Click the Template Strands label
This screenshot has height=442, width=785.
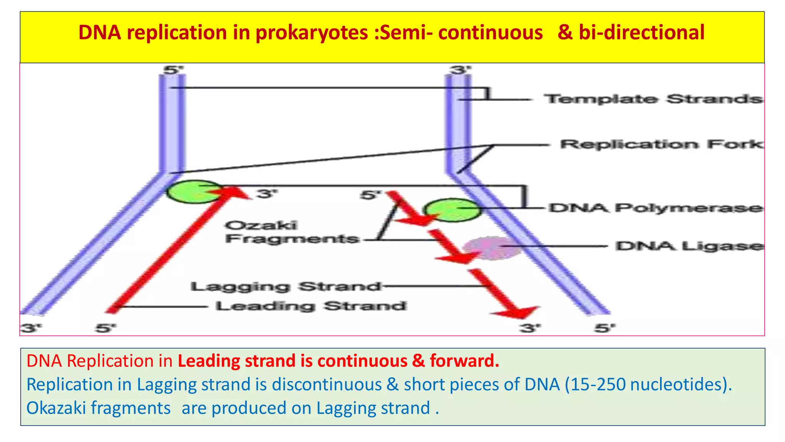pyautogui.click(x=653, y=99)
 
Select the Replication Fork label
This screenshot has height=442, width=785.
pyautogui.click(x=662, y=145)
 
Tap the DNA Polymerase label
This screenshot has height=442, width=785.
pyautogui.click(x=655, y=208)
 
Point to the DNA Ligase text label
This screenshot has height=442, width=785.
pyautogui.click(x=689, y=246)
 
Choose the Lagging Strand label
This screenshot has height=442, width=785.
pyautogui.click(x=286, y=287)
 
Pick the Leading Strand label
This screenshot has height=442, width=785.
pyautogui.click(x=310, y=306)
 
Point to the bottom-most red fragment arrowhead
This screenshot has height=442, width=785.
pyautogui.click(x=517, y=312)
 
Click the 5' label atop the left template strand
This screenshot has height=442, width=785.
pyautogui.click(x=173, y=70)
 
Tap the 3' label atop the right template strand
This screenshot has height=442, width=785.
pyautogui.click(x=460, y=70)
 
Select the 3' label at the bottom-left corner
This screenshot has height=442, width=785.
pyautogui.click(x=31, y=328)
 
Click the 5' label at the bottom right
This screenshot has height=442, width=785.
pyautogui.click(x=604, y=328)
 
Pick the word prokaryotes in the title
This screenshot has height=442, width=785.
pyautogui.click(x=312, y=33)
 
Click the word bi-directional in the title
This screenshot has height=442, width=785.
pyautogui.click(x=641, y=33)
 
